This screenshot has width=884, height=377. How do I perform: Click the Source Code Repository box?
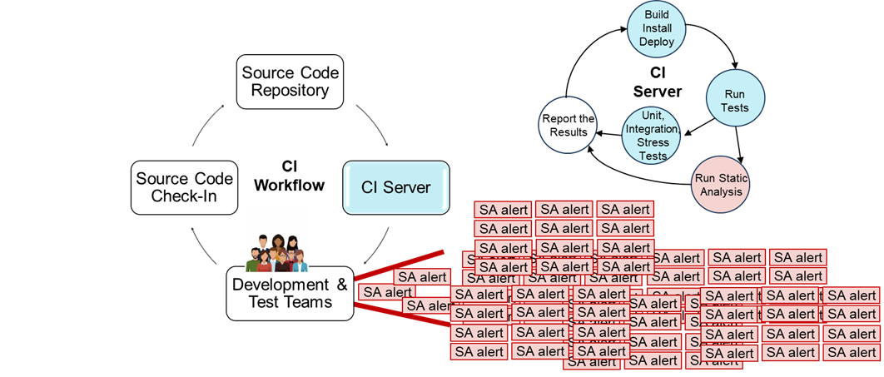[290, 82]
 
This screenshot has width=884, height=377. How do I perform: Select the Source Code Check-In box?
[184, 188]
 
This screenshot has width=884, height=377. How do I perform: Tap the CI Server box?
[396, 187]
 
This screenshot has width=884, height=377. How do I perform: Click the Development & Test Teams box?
[290, 294]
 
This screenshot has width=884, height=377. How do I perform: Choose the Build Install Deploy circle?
[657, 28]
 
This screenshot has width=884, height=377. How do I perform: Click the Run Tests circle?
[735, 101]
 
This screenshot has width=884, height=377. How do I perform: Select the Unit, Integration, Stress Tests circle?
[653, 136]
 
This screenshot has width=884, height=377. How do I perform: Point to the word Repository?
[290, 91]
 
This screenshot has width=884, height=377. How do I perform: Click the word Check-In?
[184, 197]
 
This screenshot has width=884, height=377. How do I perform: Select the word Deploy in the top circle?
[657, 42]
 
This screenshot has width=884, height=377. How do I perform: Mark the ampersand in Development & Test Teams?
[341, 285]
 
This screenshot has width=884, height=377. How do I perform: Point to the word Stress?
[653, 143]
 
